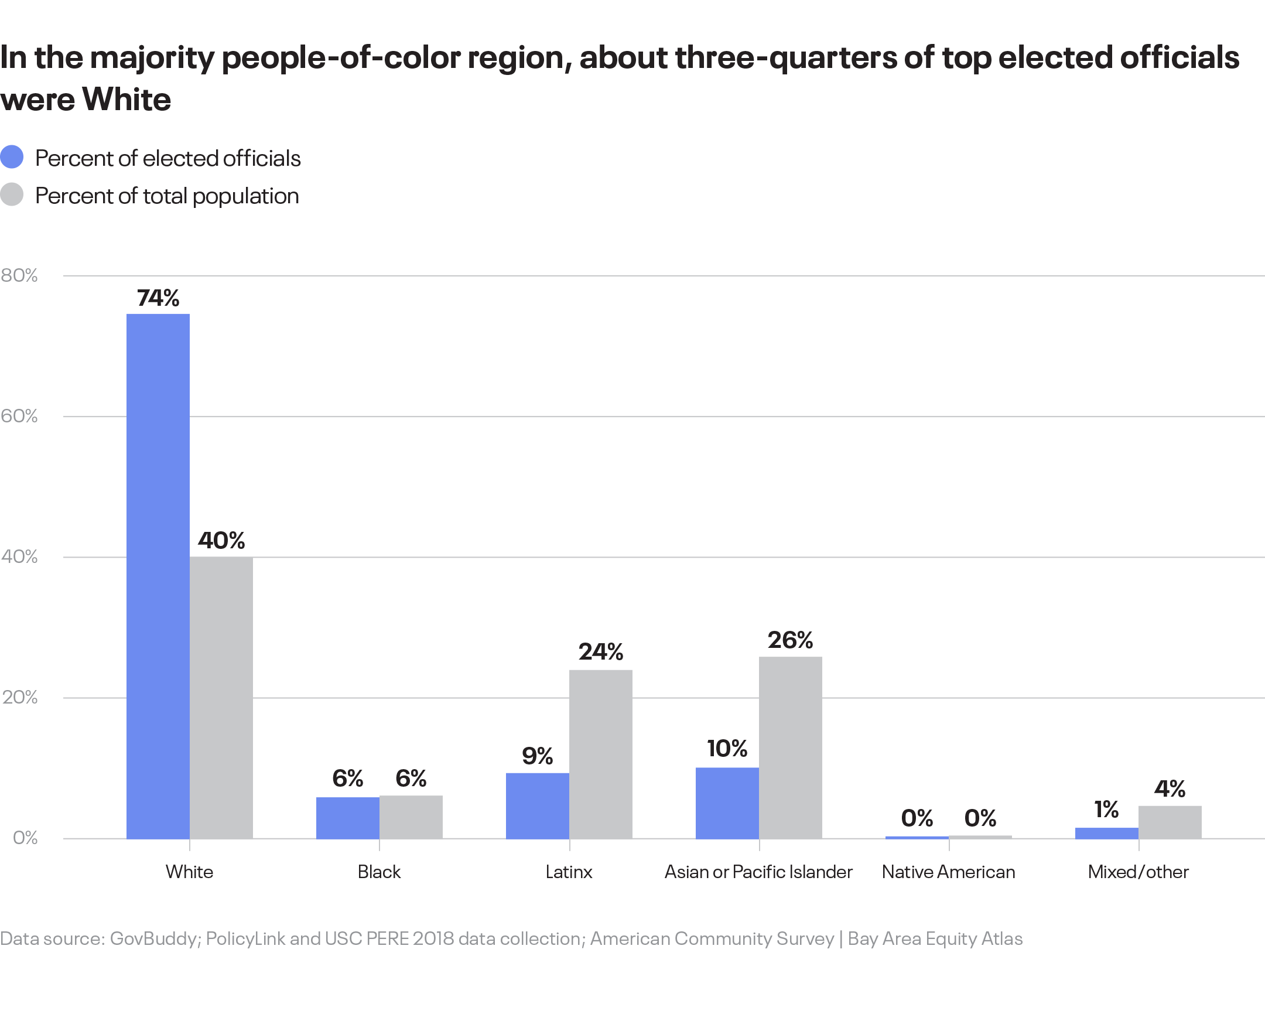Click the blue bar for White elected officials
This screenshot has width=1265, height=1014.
pos(158,576)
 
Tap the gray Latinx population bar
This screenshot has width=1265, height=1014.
pos(600,754)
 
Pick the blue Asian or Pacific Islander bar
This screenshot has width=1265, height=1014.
pos(727,803)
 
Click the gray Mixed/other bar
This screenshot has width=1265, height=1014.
pos(1170,822)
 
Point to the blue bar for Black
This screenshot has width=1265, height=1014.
pos(347,817)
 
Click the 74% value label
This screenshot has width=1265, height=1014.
pos(158,298)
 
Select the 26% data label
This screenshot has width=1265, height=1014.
pos(789,640)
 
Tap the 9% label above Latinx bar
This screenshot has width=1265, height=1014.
pos(537,756)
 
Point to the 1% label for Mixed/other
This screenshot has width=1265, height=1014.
pos(1106,810)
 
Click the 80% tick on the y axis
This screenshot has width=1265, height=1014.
pos(19,275)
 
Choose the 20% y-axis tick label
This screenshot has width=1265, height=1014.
pos(19,697)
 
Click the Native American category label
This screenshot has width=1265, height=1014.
pos(948,872)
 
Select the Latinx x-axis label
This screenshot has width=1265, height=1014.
pos(569,872)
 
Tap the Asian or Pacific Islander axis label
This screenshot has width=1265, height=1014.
pos(758,872)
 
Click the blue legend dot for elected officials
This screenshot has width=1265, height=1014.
pos(12,157)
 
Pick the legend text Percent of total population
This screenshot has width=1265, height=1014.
pos(167,196)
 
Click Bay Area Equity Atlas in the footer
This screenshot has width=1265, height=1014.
pos(935,938)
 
